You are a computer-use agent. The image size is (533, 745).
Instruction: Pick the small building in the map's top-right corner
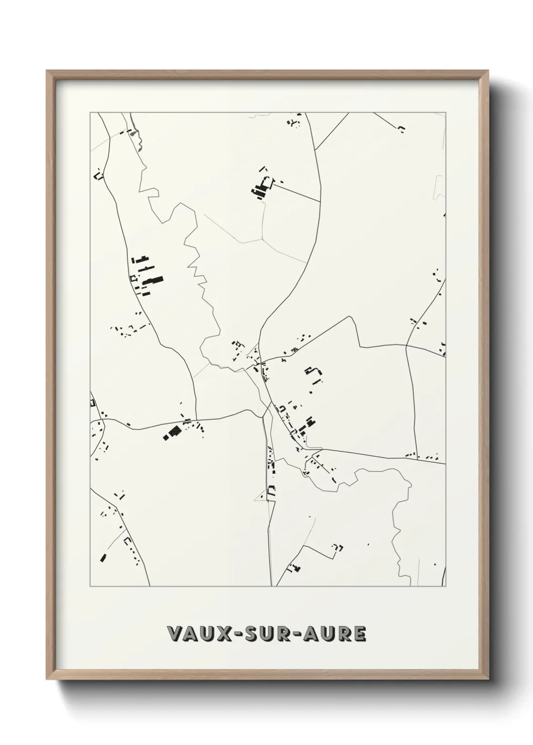[x=402, y=129]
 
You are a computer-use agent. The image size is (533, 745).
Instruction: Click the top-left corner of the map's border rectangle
[x=90, y=113]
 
